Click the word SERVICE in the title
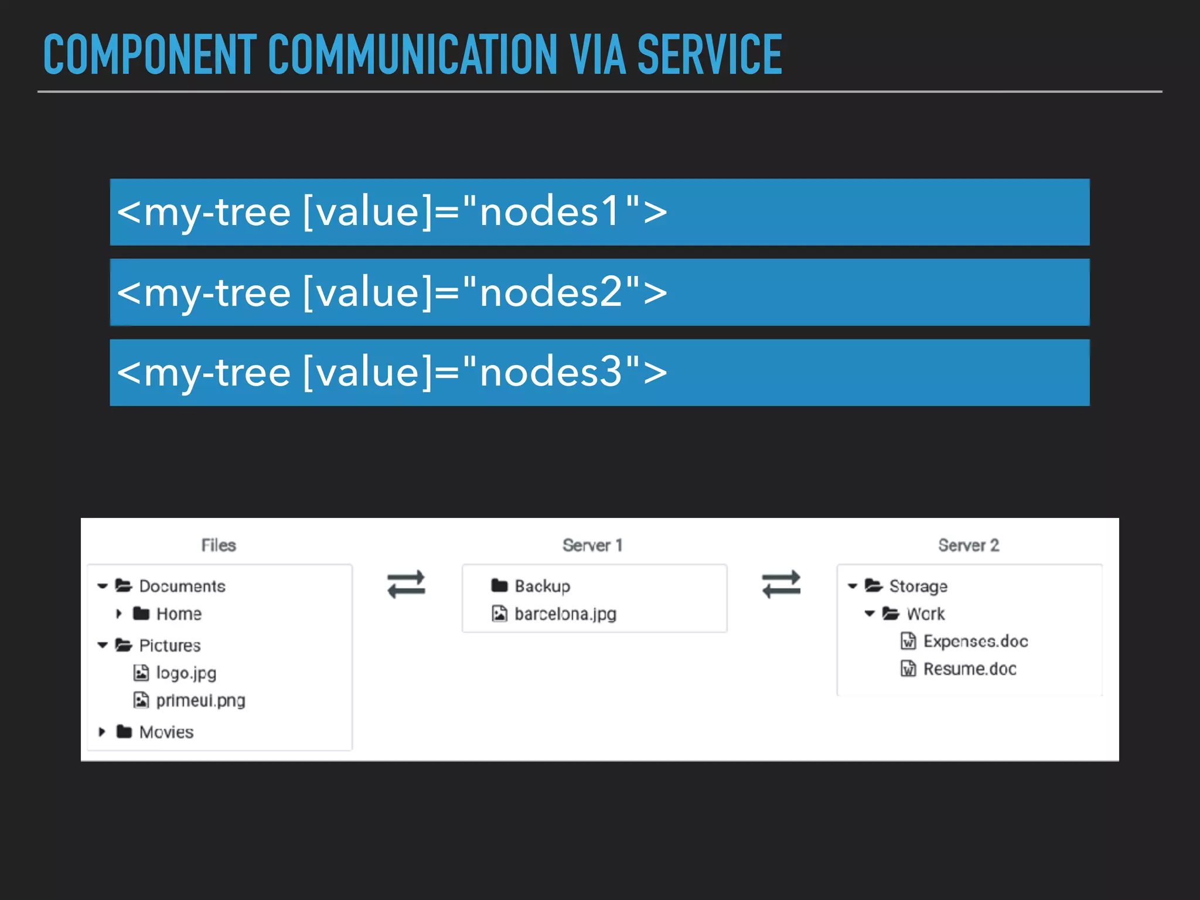(709, 55)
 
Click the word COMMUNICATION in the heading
(412, 55)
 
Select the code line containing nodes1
(391, 212)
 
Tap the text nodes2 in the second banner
(551, 292)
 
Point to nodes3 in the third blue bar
(551, 372)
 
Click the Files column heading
(219, 545)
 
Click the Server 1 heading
(592, 545)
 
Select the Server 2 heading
(969, 545)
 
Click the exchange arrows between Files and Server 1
(406, 584)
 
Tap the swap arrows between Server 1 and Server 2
(781, 584)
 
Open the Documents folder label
(182, 586)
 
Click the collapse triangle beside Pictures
(103, 645)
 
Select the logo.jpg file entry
(186, 673)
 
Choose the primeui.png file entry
(200, 700)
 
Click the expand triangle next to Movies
(102, 732)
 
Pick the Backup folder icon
(499, 585)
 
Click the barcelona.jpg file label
(565, 613)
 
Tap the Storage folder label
(918, 586)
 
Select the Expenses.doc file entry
(976, 641)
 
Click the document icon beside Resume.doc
(908, 669)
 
